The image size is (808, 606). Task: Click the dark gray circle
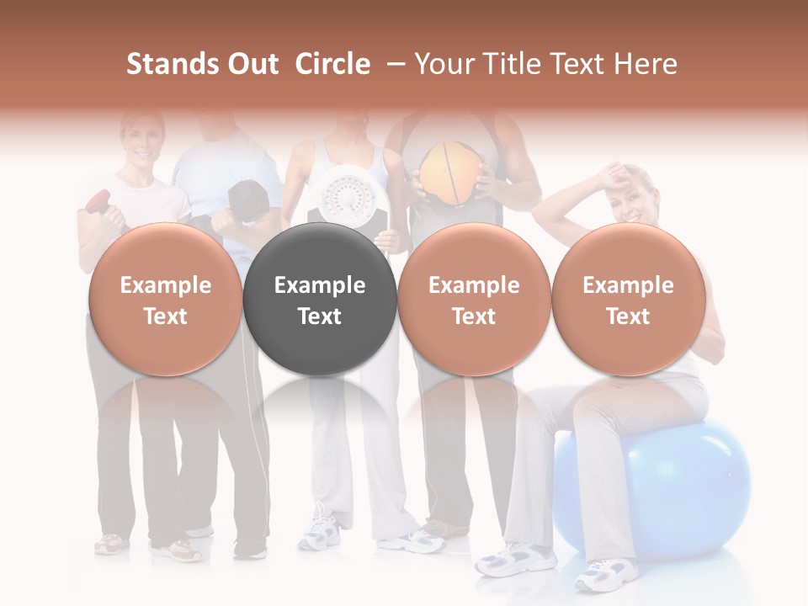pyautogui.click(x=319, y=300)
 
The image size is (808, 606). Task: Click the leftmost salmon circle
pyautogui.click(x=165, y=300)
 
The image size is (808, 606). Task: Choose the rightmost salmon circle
pyautogui.click(x=628, y=300)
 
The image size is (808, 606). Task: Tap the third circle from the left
pyautogui.click(x=474, y=300)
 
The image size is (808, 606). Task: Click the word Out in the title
pyautogui.click(x=252, y=64)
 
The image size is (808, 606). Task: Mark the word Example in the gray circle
pyautogui.click(x=320, y=285)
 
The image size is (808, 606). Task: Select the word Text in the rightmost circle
pyautogui.click(x=628, y=316)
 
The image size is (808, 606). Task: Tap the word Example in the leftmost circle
pyautogui.click(x=165, y=285)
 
